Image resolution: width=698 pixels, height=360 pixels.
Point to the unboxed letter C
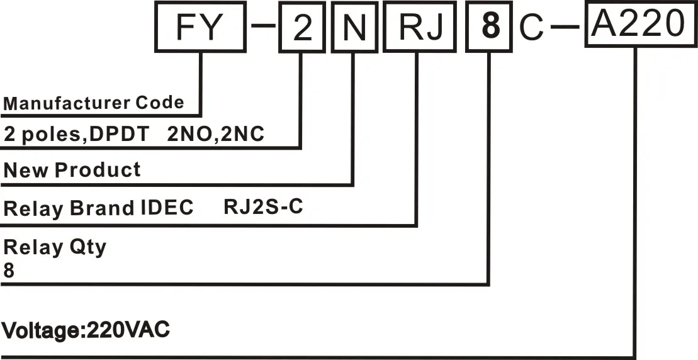click(531, 30)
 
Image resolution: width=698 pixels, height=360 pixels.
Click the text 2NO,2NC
click(216, 133)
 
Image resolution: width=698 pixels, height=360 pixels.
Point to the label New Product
click(72, 170)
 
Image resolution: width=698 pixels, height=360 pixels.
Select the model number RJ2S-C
click(263, 207)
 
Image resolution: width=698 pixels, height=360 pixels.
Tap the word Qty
click(87, 247)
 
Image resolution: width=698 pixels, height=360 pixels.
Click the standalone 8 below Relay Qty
click(9, 270)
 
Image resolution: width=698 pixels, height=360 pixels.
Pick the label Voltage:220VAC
click(86, 330)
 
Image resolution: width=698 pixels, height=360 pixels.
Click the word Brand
click(102, 208)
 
